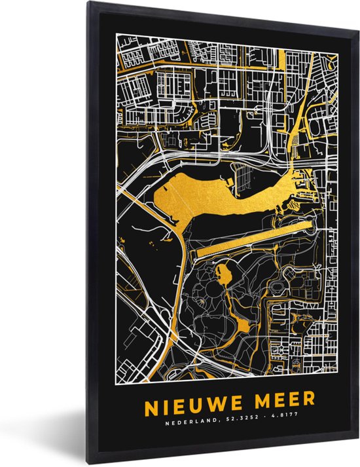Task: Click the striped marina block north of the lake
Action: click(x=245, y=173)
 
